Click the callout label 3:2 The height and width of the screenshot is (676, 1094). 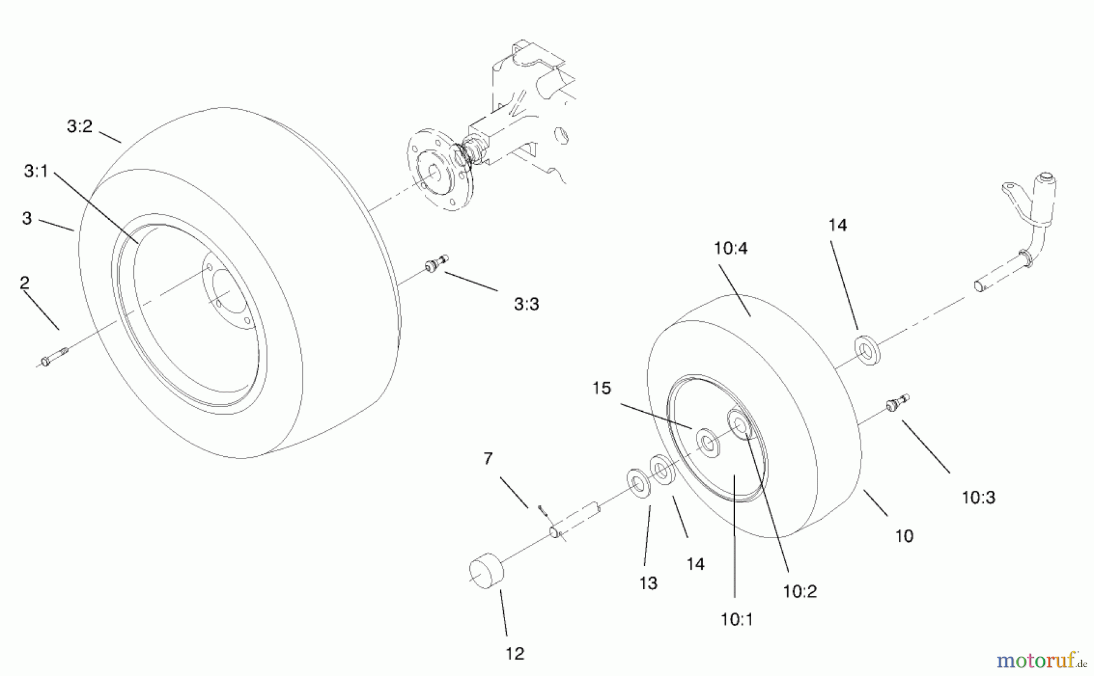(x=79, y=126)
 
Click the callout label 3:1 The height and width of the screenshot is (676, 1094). (x=36, y=172)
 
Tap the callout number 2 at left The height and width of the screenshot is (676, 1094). (x=24, y=283)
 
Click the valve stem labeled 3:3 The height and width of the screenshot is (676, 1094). (x=435, y=264)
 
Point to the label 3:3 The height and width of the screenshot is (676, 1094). (x=526, y=304)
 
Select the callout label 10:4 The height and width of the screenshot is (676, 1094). (x=731, y=248)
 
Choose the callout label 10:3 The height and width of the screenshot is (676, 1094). (x=979, y=498)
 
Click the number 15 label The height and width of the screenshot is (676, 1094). (x=602, y=388)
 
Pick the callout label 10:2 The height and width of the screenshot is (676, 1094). (x=800, y=592)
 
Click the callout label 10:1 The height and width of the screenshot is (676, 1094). (x=737, y=620)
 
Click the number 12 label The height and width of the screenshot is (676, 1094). (x=514, y=654)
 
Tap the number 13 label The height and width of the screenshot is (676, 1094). (x=648, y=584)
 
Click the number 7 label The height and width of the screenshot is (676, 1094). (x=488, y=459)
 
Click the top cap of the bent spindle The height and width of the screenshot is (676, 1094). (x=1045, y=177)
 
